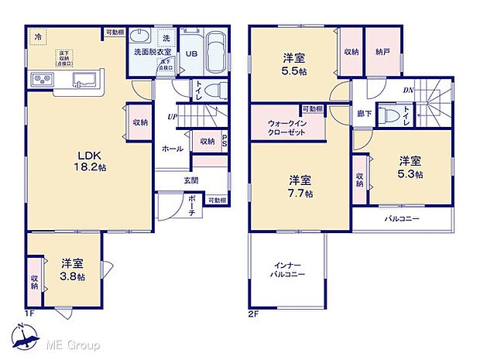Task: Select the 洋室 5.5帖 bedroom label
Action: (293, 63)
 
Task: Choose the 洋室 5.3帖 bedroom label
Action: (411, 167)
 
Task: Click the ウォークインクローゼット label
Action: (286, 127)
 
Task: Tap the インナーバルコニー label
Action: (286, 269)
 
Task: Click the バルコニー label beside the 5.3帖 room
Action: (402, 220)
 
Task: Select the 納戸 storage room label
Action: (382, 52)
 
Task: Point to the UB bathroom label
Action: (191, 53)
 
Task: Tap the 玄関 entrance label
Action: (190, 180)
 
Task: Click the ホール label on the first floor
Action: (172, 148)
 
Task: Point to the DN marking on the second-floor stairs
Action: (407, 91)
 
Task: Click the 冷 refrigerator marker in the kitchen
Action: (37, 36)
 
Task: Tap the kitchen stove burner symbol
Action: (40, 80)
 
